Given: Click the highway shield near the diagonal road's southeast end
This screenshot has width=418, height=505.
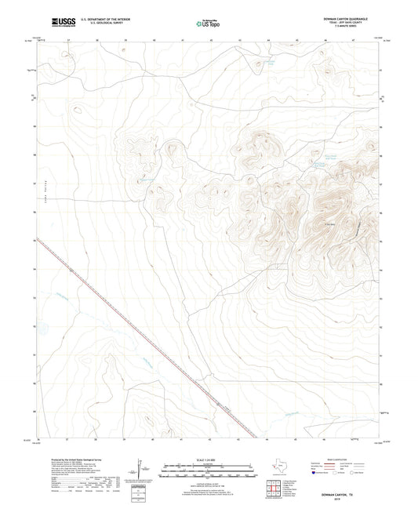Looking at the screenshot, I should click(219, 406).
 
